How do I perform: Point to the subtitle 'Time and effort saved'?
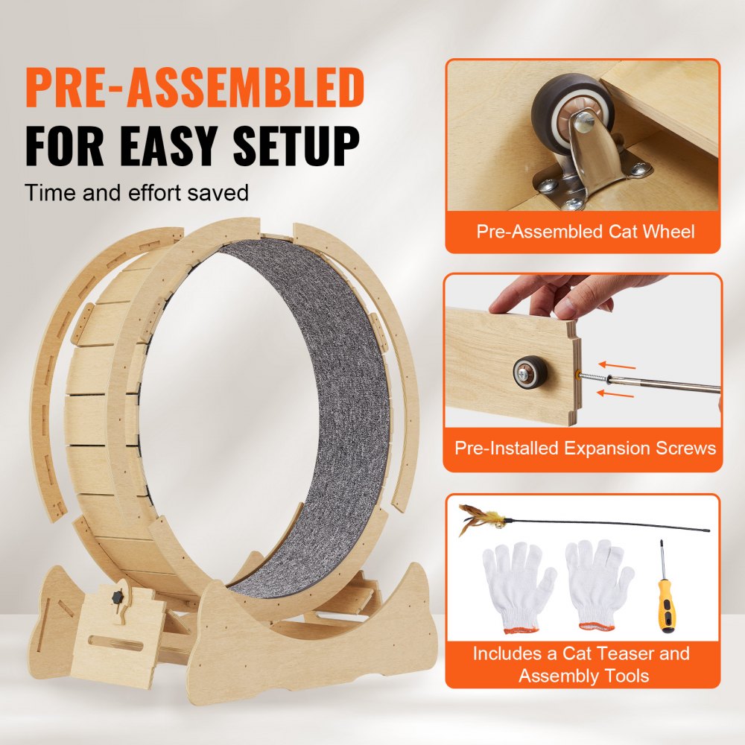pyautogui.click(x=136, y=193)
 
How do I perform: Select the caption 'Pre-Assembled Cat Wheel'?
pyautogui.click(x=585, y=231)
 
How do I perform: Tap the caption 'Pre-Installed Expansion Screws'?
pyautogui.click(x=585, y=448)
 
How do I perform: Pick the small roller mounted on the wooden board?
pyautogui.click(x=530, y=370)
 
